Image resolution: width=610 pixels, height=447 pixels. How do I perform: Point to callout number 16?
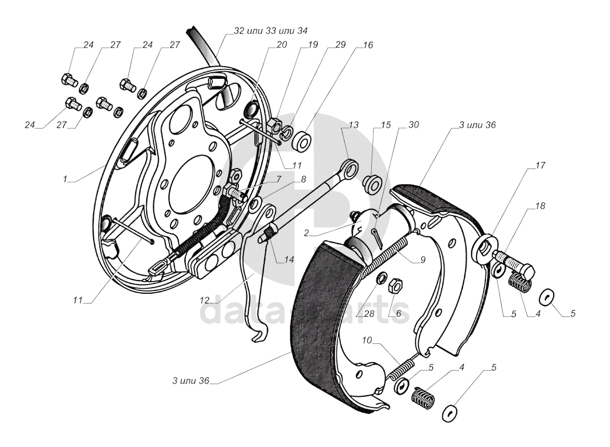coord(367,46)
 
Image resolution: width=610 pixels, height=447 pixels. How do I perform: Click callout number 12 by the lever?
coord(205,300)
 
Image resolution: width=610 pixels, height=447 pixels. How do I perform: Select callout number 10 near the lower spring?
coord(367,341)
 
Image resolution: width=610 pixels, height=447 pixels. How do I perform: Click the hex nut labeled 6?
coord(395,286)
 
